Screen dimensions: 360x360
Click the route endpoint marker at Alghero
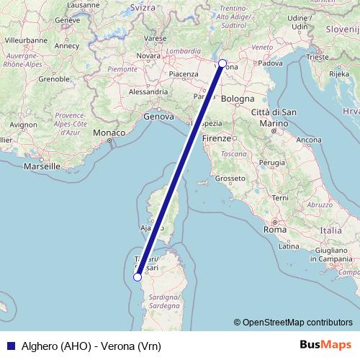coord(137,276)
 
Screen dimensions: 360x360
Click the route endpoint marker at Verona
coord(222,63)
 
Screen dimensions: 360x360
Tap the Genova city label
coord(159,115)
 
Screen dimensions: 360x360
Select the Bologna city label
coord(238,99)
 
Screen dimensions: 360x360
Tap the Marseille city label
coord(42,166)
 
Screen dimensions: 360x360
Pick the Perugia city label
coord(272,163)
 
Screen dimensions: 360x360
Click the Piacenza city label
coord(184,73)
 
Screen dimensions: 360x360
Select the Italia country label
coord(331,230)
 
